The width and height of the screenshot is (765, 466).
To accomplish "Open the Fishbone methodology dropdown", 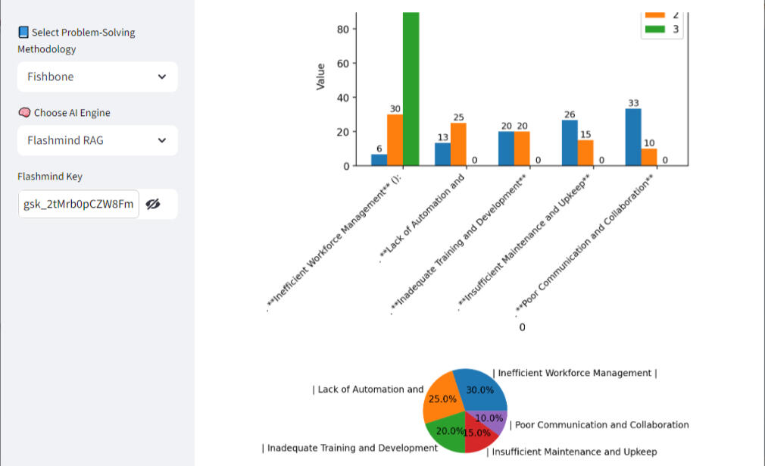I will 97,77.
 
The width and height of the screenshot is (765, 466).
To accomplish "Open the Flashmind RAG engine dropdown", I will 97,140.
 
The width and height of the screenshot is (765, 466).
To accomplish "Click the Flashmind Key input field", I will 79,204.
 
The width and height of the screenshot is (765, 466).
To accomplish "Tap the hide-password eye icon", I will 153,204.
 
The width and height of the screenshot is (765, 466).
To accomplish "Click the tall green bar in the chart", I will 411,89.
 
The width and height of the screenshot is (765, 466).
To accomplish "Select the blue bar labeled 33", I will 633,137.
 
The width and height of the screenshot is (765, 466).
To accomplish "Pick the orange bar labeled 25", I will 458,144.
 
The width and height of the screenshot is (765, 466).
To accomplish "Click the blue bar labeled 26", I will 570,143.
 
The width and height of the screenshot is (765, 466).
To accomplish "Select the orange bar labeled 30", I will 395,140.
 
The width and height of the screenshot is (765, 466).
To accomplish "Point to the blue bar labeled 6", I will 379,160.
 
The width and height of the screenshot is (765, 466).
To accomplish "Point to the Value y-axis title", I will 320,77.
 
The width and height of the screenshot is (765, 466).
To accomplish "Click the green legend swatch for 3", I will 654,30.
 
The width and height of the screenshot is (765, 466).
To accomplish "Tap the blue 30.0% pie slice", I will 482,389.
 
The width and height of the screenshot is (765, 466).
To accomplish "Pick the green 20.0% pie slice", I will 447,429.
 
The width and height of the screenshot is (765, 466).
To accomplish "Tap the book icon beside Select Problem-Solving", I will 23,33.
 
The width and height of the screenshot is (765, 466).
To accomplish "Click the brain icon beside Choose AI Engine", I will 24,113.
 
